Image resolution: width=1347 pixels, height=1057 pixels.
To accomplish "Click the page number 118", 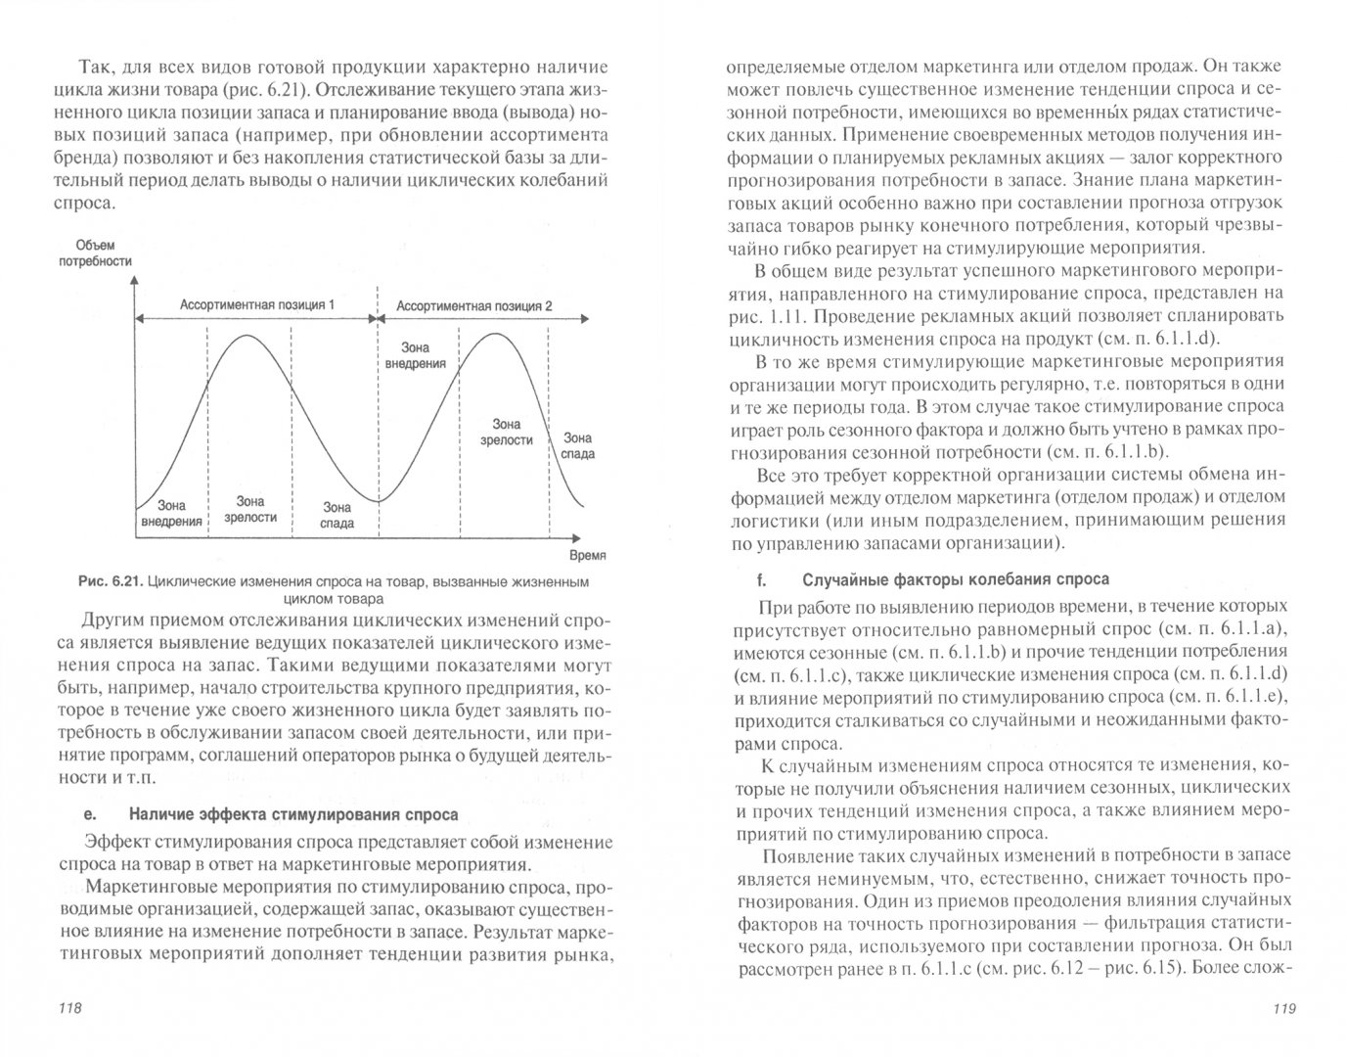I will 71,1009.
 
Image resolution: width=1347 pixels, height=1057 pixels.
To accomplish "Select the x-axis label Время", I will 586,554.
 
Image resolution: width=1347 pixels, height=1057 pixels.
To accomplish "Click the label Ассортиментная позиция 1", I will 256,304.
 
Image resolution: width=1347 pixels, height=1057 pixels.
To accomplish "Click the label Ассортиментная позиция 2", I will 473,305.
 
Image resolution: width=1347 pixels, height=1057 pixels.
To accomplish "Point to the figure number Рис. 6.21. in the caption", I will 112,582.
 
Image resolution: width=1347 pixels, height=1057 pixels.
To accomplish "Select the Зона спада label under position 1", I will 337,515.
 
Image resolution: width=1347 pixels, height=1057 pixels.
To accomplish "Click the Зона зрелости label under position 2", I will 506,432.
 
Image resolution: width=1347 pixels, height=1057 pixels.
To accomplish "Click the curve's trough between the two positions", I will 379,499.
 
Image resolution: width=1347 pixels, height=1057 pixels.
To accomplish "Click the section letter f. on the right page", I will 758,579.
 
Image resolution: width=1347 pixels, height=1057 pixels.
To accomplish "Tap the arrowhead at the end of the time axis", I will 583,537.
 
